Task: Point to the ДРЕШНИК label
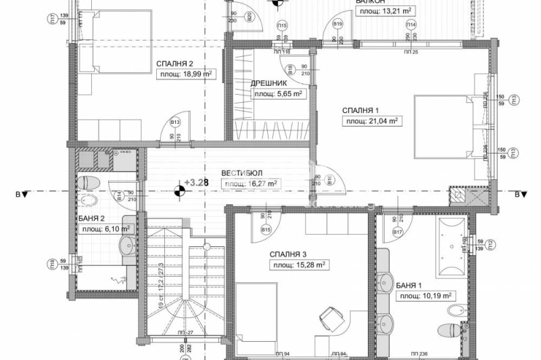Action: (x=270, y=83)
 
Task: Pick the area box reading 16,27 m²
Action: (x=250, y=183)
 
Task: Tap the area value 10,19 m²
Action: (x=425, y=296)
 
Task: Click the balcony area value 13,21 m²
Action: (x=386, y=11)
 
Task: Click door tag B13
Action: (x=175, y=122)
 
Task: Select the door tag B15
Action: (x=266, y=230)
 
